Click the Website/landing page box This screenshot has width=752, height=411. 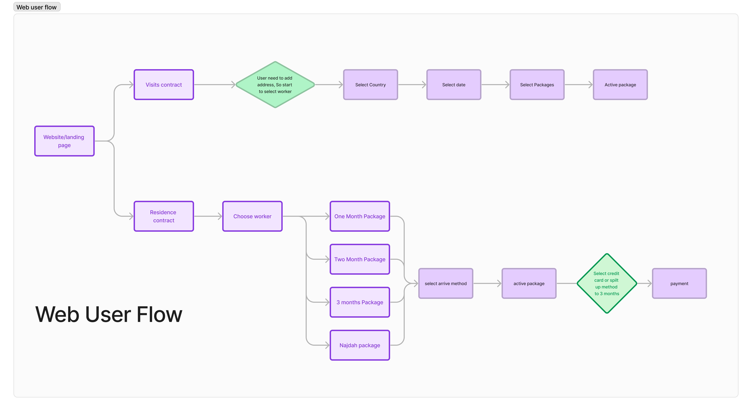(64, 141)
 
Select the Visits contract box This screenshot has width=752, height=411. (164, 85)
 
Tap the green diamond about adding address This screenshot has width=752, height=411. (275, 85)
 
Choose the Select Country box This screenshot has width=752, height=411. (370, 85)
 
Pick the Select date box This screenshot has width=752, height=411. (454, 85)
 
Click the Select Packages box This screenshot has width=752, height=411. (537, 85)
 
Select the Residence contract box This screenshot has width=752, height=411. (164, 216)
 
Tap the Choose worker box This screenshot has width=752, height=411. (252, 216)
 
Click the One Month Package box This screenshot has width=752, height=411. (360, 216)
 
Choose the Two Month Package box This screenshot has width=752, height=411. (360, 259)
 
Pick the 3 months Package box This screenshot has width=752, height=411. (360, 302)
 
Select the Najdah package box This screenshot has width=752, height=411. (360, 345)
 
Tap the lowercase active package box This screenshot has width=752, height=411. (529, 283)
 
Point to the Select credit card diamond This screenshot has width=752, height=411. (607, 283)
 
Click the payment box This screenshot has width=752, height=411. (679, 283)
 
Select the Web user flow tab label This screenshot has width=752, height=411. (37, 7)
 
